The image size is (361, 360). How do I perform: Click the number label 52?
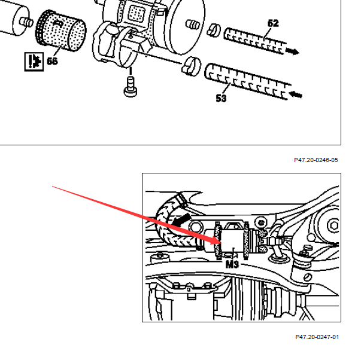coord(273,23)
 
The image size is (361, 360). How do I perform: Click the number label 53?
coord(221,98)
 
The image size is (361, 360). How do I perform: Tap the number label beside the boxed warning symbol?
coord(52,61)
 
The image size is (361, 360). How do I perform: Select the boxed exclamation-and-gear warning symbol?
coord(34,62)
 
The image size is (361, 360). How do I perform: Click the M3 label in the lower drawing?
coord(232,264)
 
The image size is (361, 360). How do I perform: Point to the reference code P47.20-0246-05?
coord(316,160)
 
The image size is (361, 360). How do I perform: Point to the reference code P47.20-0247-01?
coord(317,337)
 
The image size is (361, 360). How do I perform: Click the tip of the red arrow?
coord(221,243)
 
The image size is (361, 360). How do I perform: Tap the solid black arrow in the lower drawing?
coord(181,220)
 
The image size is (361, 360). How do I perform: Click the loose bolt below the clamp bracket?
coord(131,87)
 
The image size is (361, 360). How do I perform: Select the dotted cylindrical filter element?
coord(61,30)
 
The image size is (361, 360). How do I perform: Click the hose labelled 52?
coord(254,41)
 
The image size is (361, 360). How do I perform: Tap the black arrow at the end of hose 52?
coord(292,51)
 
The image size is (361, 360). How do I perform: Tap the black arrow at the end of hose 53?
coord(295,94)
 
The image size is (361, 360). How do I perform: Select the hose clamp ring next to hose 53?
coord(192,66)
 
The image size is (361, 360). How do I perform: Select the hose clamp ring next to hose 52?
coord(213,30)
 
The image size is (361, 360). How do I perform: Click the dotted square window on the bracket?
coord(136,13)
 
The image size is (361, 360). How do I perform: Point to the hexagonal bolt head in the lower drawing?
coord(333,225)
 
